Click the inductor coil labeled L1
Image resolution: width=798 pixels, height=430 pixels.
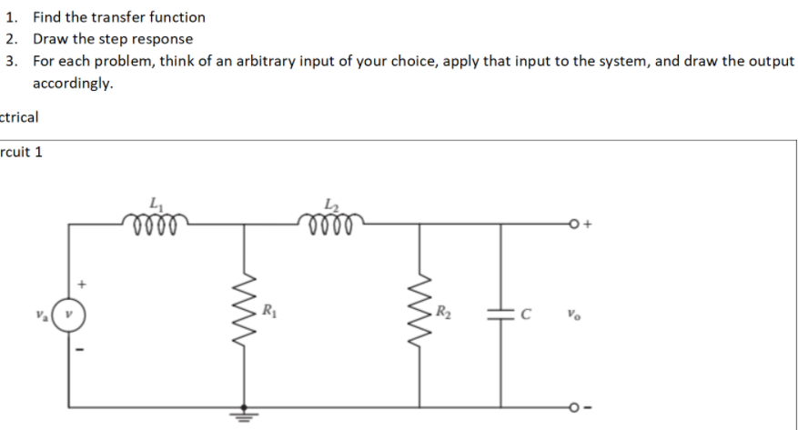153,221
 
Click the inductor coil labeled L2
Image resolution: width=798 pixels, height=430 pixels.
329,221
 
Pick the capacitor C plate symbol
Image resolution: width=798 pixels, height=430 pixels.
500,314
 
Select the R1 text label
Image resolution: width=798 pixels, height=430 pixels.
268,313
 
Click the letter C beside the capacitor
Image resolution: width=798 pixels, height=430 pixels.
524,314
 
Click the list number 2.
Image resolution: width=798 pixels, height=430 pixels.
10,39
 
